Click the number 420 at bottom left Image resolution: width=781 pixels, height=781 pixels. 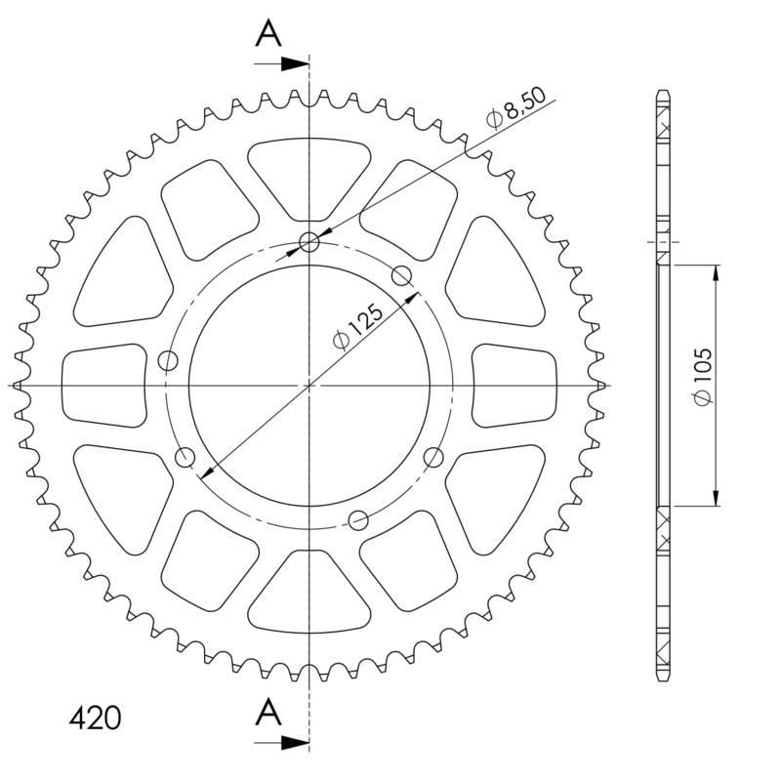[x=95, y=719]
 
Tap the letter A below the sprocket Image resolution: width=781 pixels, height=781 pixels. [x=268, y=714]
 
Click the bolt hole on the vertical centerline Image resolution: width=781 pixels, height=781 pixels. [x=310, y=242]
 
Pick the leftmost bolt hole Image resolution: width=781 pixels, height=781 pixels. [x=168, y=360]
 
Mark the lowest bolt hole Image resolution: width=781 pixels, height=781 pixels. [x=358, y=519]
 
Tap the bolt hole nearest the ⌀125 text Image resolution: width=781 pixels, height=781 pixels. [x=402, y=275]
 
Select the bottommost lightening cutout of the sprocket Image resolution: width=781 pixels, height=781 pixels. [x=309, y=592]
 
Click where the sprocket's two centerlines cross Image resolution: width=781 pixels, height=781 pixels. [x=309, y=385]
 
